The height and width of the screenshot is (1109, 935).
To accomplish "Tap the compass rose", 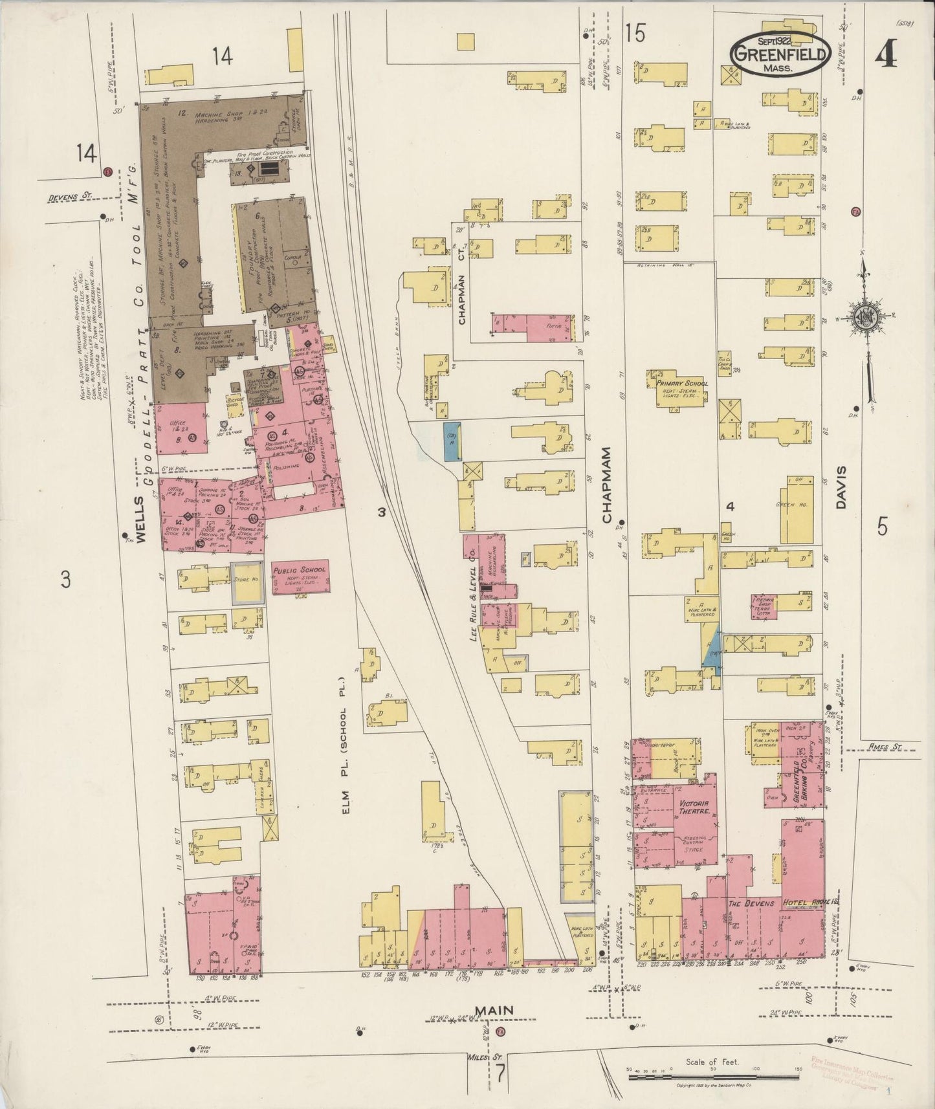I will coord(864,317).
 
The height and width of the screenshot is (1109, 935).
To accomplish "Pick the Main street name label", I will coord(496,1009).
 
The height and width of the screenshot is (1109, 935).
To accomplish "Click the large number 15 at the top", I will coord(635,34).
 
